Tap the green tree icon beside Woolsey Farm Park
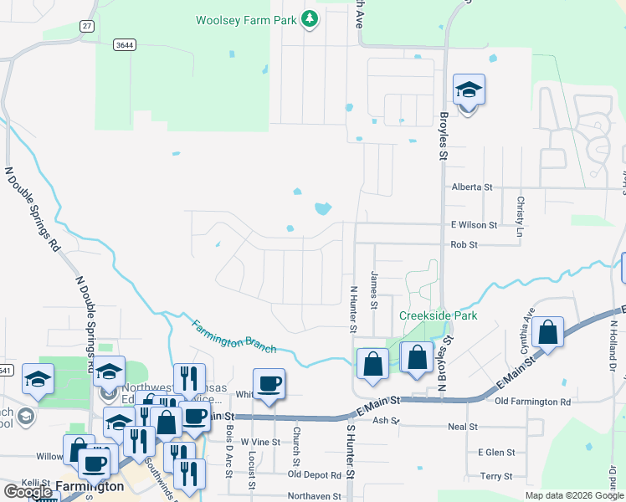(310, 18)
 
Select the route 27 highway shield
(87, 27)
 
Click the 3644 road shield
(125, 45)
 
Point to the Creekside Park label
(438, 315)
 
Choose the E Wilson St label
(475, 225)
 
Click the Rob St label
(464, 245)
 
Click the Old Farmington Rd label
(533, 402)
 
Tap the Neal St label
(462, 427)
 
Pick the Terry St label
(496, 476)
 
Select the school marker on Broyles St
(469, 91)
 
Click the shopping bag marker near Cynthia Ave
(547, 333)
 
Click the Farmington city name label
(90, 486)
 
